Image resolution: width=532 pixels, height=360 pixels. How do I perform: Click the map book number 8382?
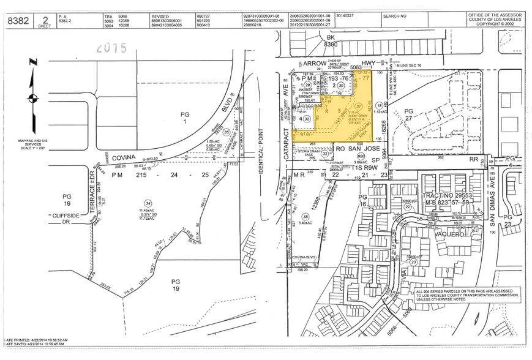[17, 21]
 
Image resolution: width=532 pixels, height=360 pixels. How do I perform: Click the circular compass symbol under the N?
[32, 97]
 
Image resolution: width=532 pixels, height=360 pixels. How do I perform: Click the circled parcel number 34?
[148, 203]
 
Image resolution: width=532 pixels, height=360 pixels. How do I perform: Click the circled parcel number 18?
[380, 106]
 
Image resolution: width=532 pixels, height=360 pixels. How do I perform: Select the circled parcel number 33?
[324, 170]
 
